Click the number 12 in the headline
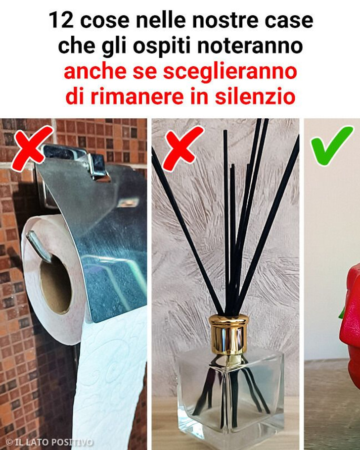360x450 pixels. click(61, 21)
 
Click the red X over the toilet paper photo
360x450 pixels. click(32, 148)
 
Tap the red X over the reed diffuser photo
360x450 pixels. click(182, 148)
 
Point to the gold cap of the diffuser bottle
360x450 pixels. click(228, 333)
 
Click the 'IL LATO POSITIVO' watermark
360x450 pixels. click(49, 442)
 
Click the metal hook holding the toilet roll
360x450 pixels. click(38, 246)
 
